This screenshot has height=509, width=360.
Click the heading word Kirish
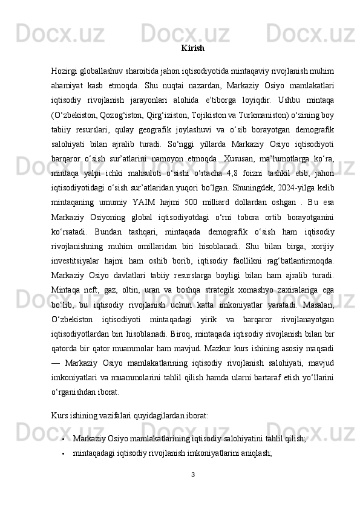coord(192,47)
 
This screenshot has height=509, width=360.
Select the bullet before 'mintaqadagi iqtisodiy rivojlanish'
coord(62,452)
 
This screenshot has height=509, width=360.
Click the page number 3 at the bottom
coord(192,474)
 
